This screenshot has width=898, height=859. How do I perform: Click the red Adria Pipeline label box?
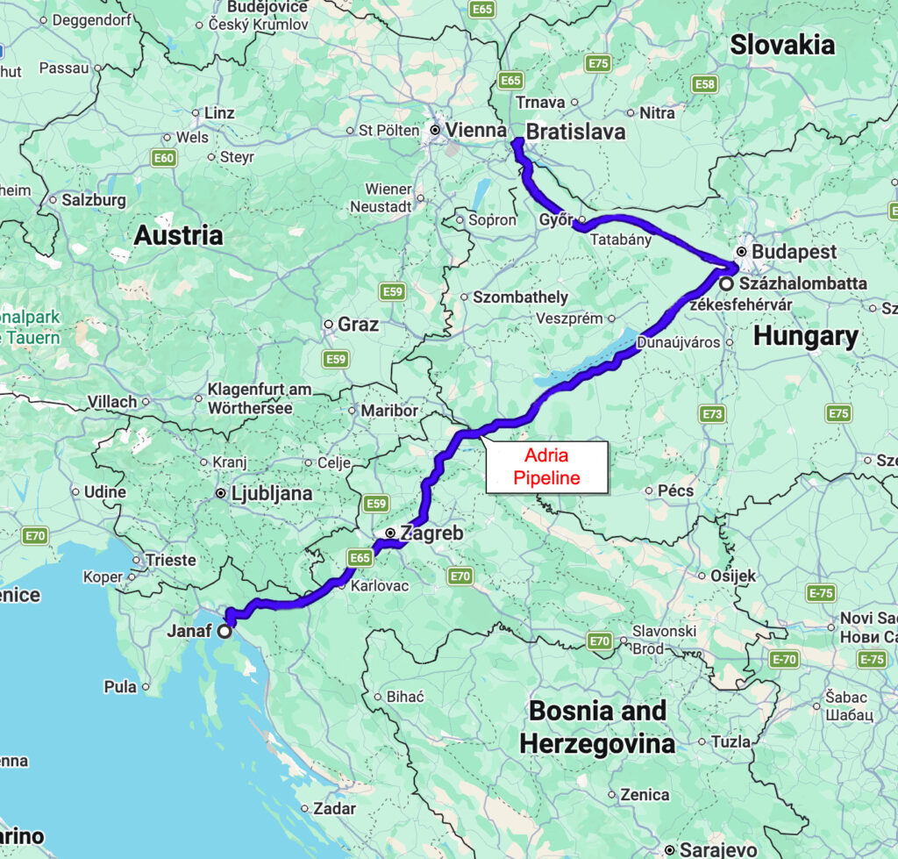[546, 467]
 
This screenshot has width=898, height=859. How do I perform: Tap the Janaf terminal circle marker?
[224, 631]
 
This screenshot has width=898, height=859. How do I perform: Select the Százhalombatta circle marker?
[727, 284]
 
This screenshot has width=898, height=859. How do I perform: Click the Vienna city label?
[476, 131]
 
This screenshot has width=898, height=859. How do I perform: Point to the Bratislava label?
[575, 132]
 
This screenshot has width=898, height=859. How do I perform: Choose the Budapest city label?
[786, 252]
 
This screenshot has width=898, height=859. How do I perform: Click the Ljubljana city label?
[271, 493]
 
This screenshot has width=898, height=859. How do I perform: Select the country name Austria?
[178, 235]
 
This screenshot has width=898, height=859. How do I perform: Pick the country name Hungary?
[805, 336]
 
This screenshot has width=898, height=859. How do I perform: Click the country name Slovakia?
[782, 45]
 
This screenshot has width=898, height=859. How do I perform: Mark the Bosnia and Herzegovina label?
[597, 727]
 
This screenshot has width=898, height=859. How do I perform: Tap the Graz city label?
[358, 325]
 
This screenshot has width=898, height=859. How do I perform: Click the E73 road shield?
[713, 413]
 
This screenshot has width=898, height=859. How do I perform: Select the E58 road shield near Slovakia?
[704, 83]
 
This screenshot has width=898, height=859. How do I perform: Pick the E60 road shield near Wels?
[163, 158]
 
